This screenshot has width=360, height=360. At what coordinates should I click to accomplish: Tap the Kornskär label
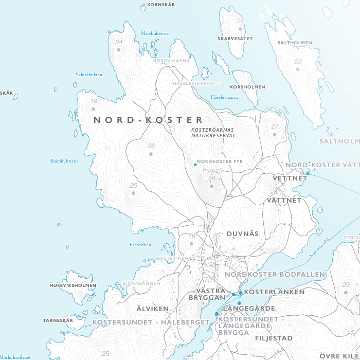pos(161,5)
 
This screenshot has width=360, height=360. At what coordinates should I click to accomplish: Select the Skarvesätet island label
pos(235,39)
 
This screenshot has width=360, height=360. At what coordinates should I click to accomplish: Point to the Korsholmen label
pos(248,87)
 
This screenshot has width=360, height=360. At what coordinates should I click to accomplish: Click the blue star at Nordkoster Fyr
pos(195,165)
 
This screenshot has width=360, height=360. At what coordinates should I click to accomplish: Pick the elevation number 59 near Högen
pos(212,178)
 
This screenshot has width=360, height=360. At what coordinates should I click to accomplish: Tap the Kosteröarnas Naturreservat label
pos(213,133)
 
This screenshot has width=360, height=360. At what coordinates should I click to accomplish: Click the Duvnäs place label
pos(242,233)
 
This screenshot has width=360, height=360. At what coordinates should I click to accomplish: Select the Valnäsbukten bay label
pos(88,75)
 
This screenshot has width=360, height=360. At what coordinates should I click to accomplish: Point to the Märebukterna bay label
pos(155,33)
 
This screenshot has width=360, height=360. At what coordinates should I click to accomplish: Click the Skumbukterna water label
pos(64,161)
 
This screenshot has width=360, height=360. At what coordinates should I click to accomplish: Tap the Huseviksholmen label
pos(73,285)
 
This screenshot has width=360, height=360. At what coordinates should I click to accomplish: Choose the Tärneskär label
pos(58,320)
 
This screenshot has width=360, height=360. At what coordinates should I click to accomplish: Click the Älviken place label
pos(153,309)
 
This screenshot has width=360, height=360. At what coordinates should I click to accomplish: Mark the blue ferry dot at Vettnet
pos(308,174)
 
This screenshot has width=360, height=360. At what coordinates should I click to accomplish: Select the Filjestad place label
pos(274,338)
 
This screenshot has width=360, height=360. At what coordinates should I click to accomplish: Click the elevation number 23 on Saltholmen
pos(298,62)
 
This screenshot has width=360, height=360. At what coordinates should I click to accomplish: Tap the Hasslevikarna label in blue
pos(225,97)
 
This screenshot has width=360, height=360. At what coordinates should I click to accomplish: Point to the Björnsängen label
pos(141,283)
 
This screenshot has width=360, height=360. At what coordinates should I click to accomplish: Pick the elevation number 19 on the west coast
pos(94,101)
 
